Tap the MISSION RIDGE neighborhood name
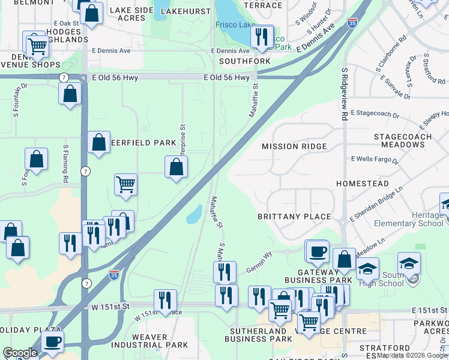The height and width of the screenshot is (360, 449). click(294, 146)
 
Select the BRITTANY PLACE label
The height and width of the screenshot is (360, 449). click(294, 217)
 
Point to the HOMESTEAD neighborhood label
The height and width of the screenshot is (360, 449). click(362, 184)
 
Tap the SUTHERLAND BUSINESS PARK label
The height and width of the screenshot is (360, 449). click(255, 335)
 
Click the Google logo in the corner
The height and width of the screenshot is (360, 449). click(20, 352)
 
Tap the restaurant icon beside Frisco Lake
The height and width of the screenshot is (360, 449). click(262, 37)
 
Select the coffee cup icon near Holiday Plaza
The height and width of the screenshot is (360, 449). click(53, 341)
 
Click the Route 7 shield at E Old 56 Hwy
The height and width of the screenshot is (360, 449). click(63, 77)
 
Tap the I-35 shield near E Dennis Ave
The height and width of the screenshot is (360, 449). click(352, 23)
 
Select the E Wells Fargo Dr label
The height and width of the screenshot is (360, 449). click(375, 161)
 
